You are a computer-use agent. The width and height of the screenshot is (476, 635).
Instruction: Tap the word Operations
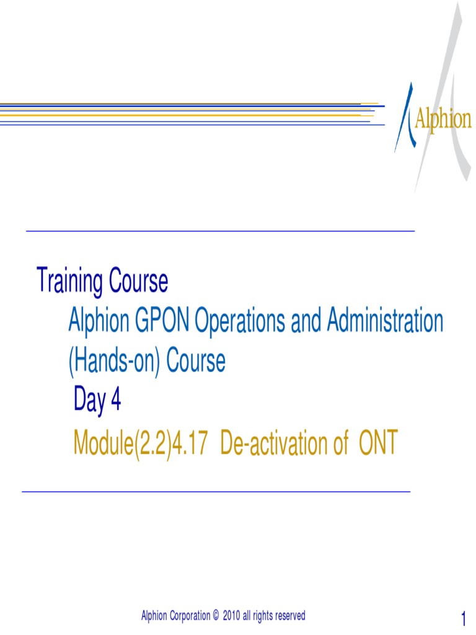point(245,322)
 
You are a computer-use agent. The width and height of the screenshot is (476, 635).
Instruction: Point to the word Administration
point(385,321)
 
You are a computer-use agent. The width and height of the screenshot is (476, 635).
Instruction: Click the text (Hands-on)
point(115,362)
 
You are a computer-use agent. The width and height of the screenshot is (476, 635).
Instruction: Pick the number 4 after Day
point(115,402)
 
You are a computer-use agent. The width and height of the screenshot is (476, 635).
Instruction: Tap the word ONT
point(374,443)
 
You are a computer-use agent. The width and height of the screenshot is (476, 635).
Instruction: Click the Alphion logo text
point(442,120)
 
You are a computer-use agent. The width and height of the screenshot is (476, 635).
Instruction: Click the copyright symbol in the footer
point(216,616)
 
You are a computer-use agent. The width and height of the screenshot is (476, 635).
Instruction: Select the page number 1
point(463,618)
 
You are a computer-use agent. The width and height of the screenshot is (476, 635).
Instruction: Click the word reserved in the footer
point(289,616)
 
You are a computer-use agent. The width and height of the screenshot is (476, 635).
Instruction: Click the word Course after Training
point(139,282)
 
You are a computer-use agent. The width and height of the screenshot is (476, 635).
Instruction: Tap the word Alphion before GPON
point(98,321)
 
